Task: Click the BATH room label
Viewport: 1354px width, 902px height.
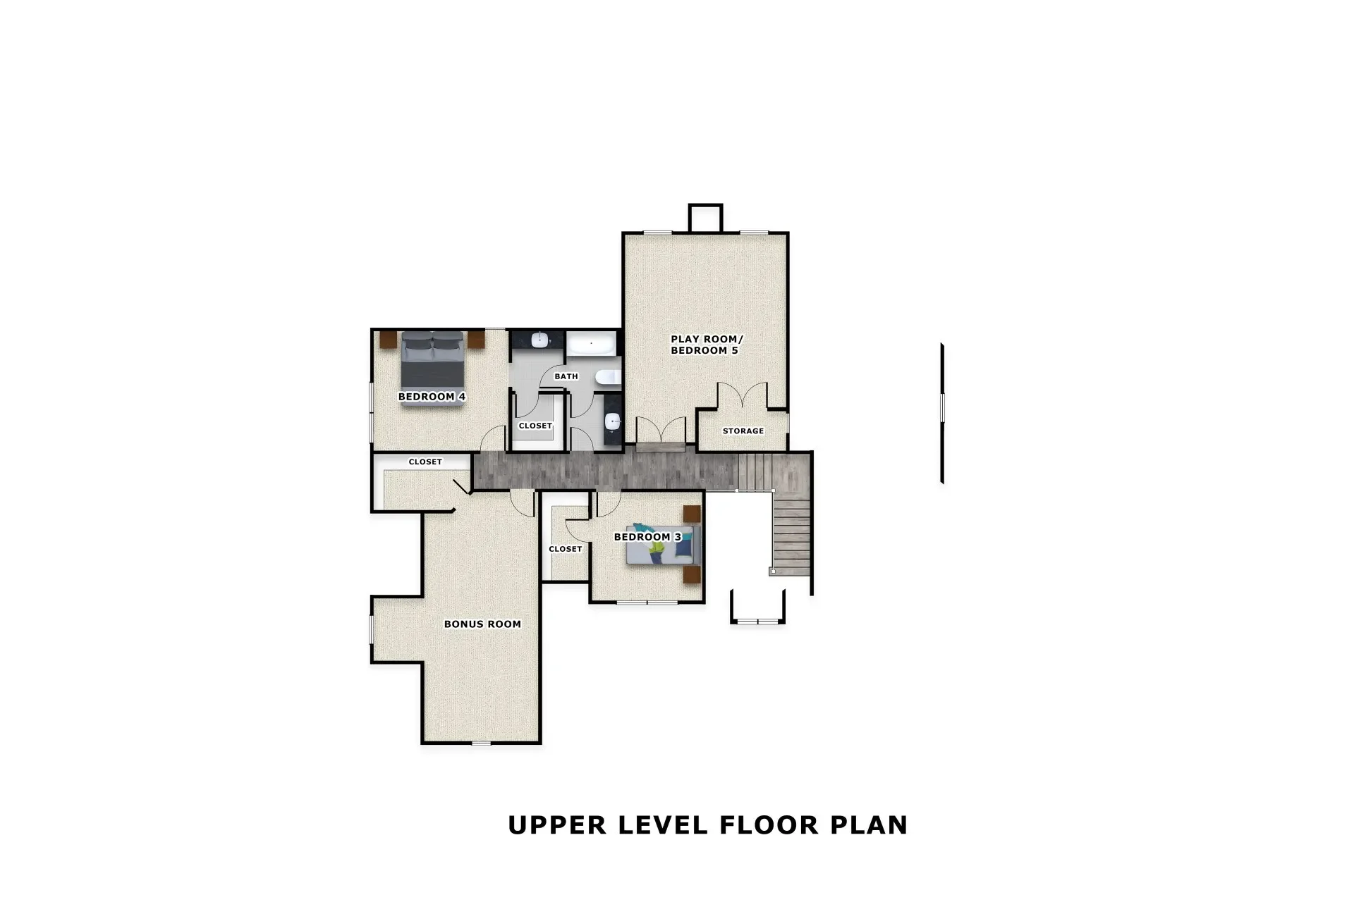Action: [x=566, y=376]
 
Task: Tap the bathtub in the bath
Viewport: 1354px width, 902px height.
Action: [x=591, y=344]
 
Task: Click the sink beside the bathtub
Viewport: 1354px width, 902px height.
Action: [x=539, y=340]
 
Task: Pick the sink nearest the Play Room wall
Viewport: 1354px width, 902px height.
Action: [x=613, y=421]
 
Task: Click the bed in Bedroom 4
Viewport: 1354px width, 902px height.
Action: [x=432, y=358]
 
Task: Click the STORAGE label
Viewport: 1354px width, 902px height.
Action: [x=743, y=431]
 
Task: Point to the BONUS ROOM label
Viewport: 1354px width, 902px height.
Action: [x=482, y=624]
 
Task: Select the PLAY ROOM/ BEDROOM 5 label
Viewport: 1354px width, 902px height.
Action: [x=706, y=345]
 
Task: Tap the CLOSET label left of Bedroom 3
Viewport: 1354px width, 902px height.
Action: [x=565, y=549]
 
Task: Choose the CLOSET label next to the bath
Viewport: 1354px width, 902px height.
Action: [x=535, y=426]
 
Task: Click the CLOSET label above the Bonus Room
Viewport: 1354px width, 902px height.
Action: [x=425, y=462]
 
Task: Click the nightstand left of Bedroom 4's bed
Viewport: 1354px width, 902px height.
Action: [x=389, y=339]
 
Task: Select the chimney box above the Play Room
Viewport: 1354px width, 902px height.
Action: [x=705, y=218]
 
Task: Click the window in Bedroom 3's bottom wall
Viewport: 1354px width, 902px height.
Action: [x=647, y=602]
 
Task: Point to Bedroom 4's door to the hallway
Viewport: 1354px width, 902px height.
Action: [x=493, y=440]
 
